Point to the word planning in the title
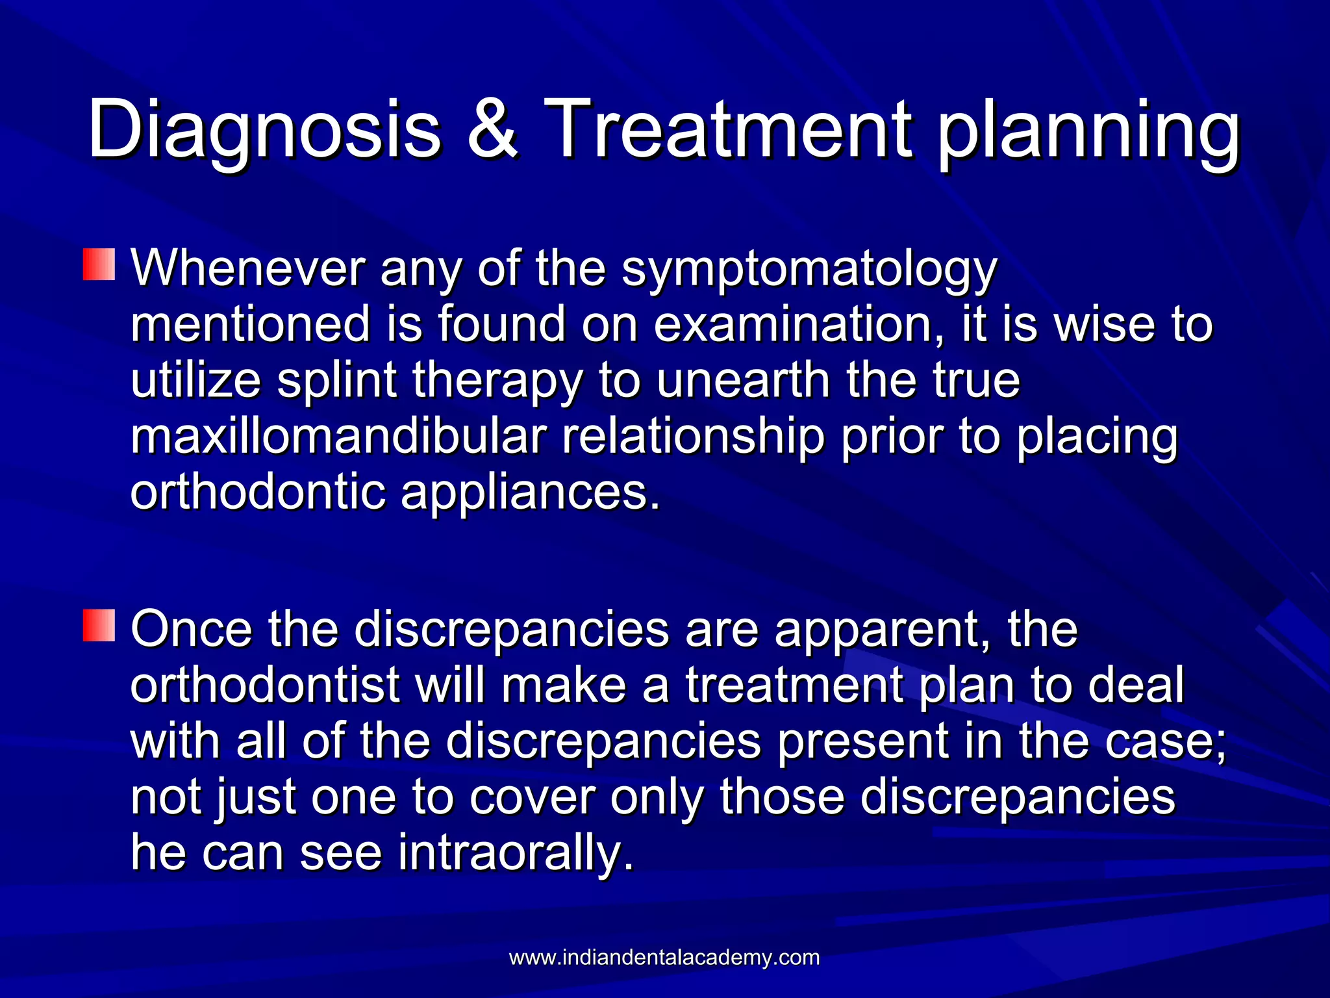1088,133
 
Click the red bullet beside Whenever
99,264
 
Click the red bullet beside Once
99,626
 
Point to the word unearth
744,380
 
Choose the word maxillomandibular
337,437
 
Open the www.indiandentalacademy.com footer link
664,958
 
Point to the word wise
1105,324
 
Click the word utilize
195,380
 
